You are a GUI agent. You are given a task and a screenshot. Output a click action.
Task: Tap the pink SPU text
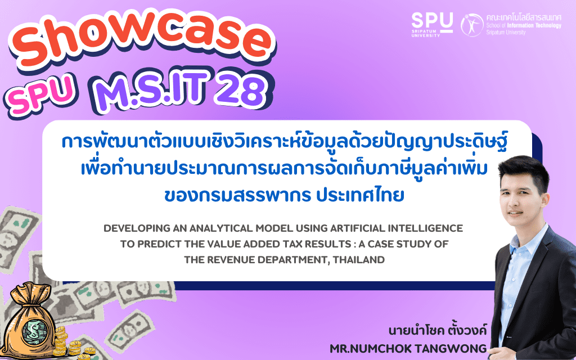40,94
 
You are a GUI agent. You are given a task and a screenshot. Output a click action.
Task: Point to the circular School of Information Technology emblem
472,25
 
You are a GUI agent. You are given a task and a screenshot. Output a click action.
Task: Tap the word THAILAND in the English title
358,260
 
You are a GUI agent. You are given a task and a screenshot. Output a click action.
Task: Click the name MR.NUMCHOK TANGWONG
408,348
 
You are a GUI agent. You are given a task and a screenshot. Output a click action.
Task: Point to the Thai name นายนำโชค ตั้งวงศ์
438,330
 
